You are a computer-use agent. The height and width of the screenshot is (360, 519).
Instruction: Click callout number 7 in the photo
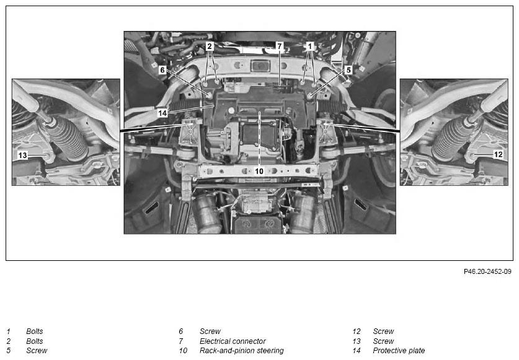point(280,46)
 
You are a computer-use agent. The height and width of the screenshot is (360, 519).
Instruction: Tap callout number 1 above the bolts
point(310,46)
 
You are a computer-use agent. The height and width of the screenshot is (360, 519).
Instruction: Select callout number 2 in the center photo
point(209,46)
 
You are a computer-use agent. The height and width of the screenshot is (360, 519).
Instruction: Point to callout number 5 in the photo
point(348,70)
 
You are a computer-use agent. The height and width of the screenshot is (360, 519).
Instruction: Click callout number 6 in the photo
point(162,70)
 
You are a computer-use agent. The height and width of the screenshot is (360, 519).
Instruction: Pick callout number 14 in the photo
point(162,113)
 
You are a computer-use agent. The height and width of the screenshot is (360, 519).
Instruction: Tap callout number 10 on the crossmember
point(259,171)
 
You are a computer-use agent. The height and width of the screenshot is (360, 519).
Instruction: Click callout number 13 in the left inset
point(22,155)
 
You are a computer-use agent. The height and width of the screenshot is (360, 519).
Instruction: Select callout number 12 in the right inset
point(498,154)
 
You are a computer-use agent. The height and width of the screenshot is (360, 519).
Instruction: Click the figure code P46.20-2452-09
point(487,271)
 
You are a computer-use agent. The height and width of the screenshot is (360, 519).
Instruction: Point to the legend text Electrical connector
point(233,341)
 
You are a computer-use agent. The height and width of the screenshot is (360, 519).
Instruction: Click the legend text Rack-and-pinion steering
point(242,351)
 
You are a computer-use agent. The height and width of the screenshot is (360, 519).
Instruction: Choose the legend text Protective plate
point(399,351)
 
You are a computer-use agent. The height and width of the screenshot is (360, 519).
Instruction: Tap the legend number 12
point(357,331)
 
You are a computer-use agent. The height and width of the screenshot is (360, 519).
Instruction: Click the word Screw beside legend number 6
point(210,331)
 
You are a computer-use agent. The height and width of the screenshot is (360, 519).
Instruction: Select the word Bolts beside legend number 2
point(35,341)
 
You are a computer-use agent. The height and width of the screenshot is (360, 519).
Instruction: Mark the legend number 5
point(8,351)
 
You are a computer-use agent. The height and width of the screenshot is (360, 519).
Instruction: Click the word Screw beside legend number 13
point(383,341)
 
